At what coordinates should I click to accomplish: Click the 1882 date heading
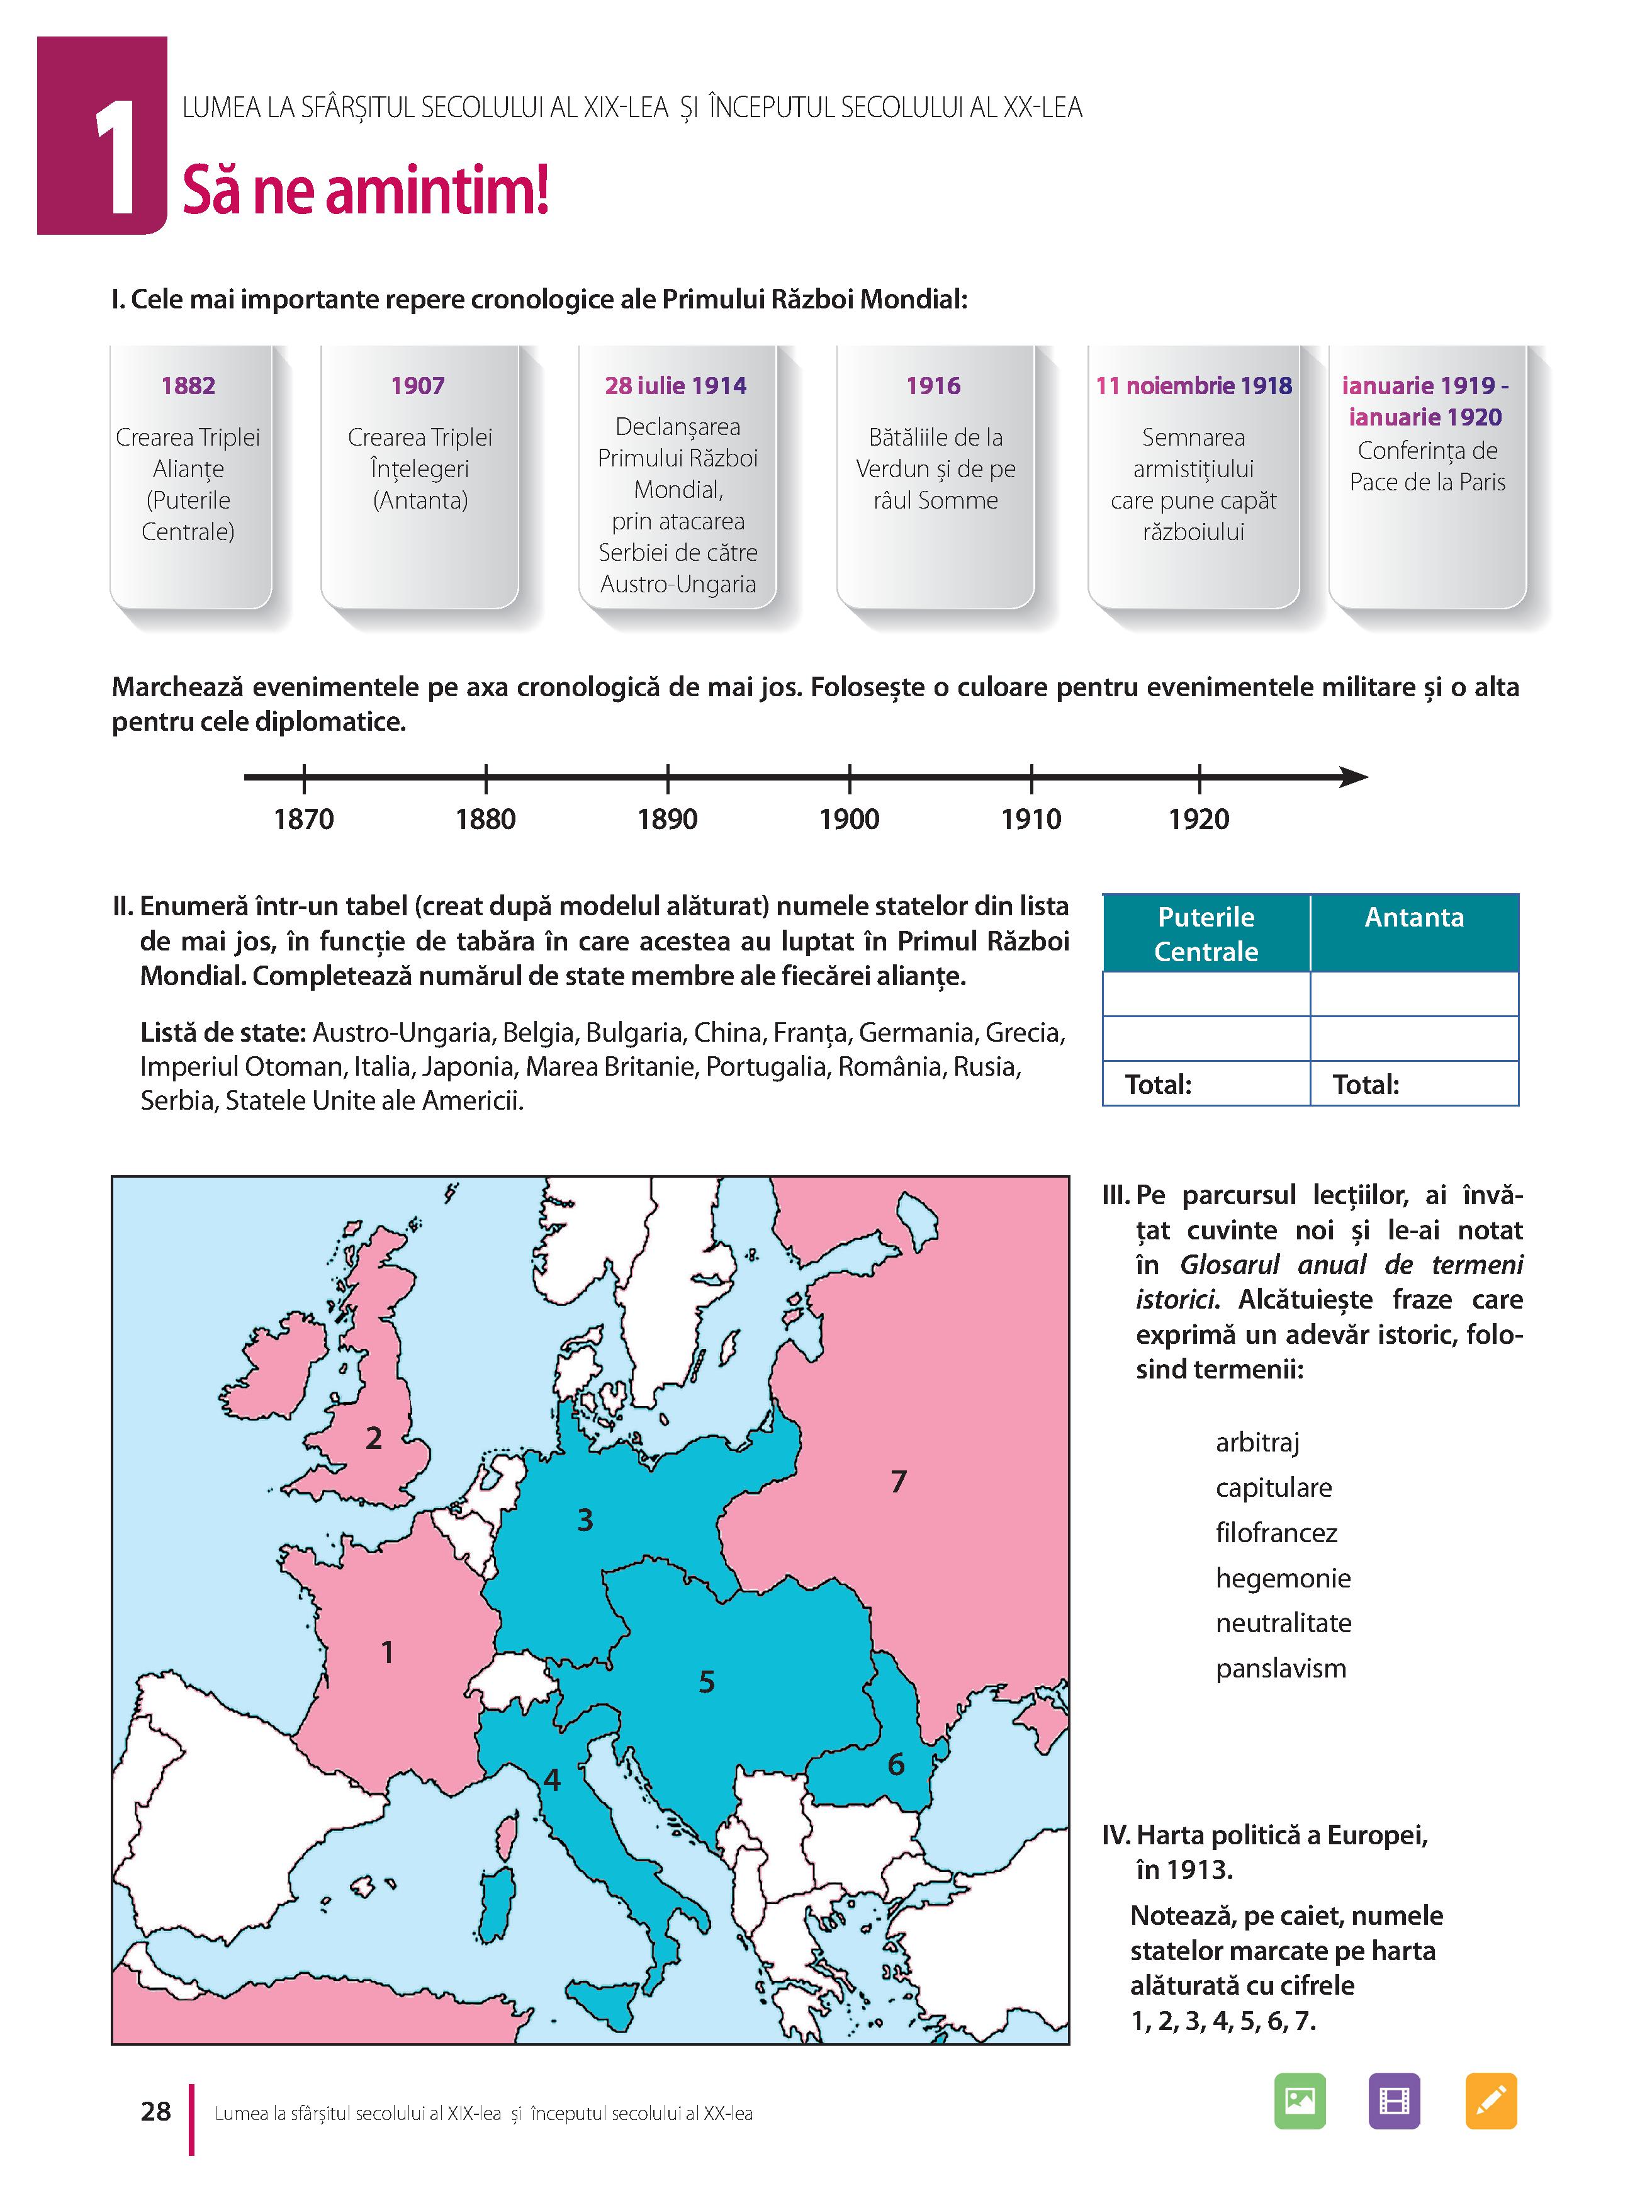point(188,385)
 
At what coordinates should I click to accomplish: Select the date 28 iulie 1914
point(676,385)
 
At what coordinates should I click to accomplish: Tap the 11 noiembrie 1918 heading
point(1194,385)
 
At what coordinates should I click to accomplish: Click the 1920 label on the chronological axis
point(1198,820)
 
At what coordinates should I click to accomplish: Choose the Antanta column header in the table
point(1413,917)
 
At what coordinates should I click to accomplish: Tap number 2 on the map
point(373,1438)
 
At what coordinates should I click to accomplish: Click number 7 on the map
point(899,1482)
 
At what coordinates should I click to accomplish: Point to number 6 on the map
point(896,1764)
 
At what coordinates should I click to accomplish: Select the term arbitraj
point(1257,1442)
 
